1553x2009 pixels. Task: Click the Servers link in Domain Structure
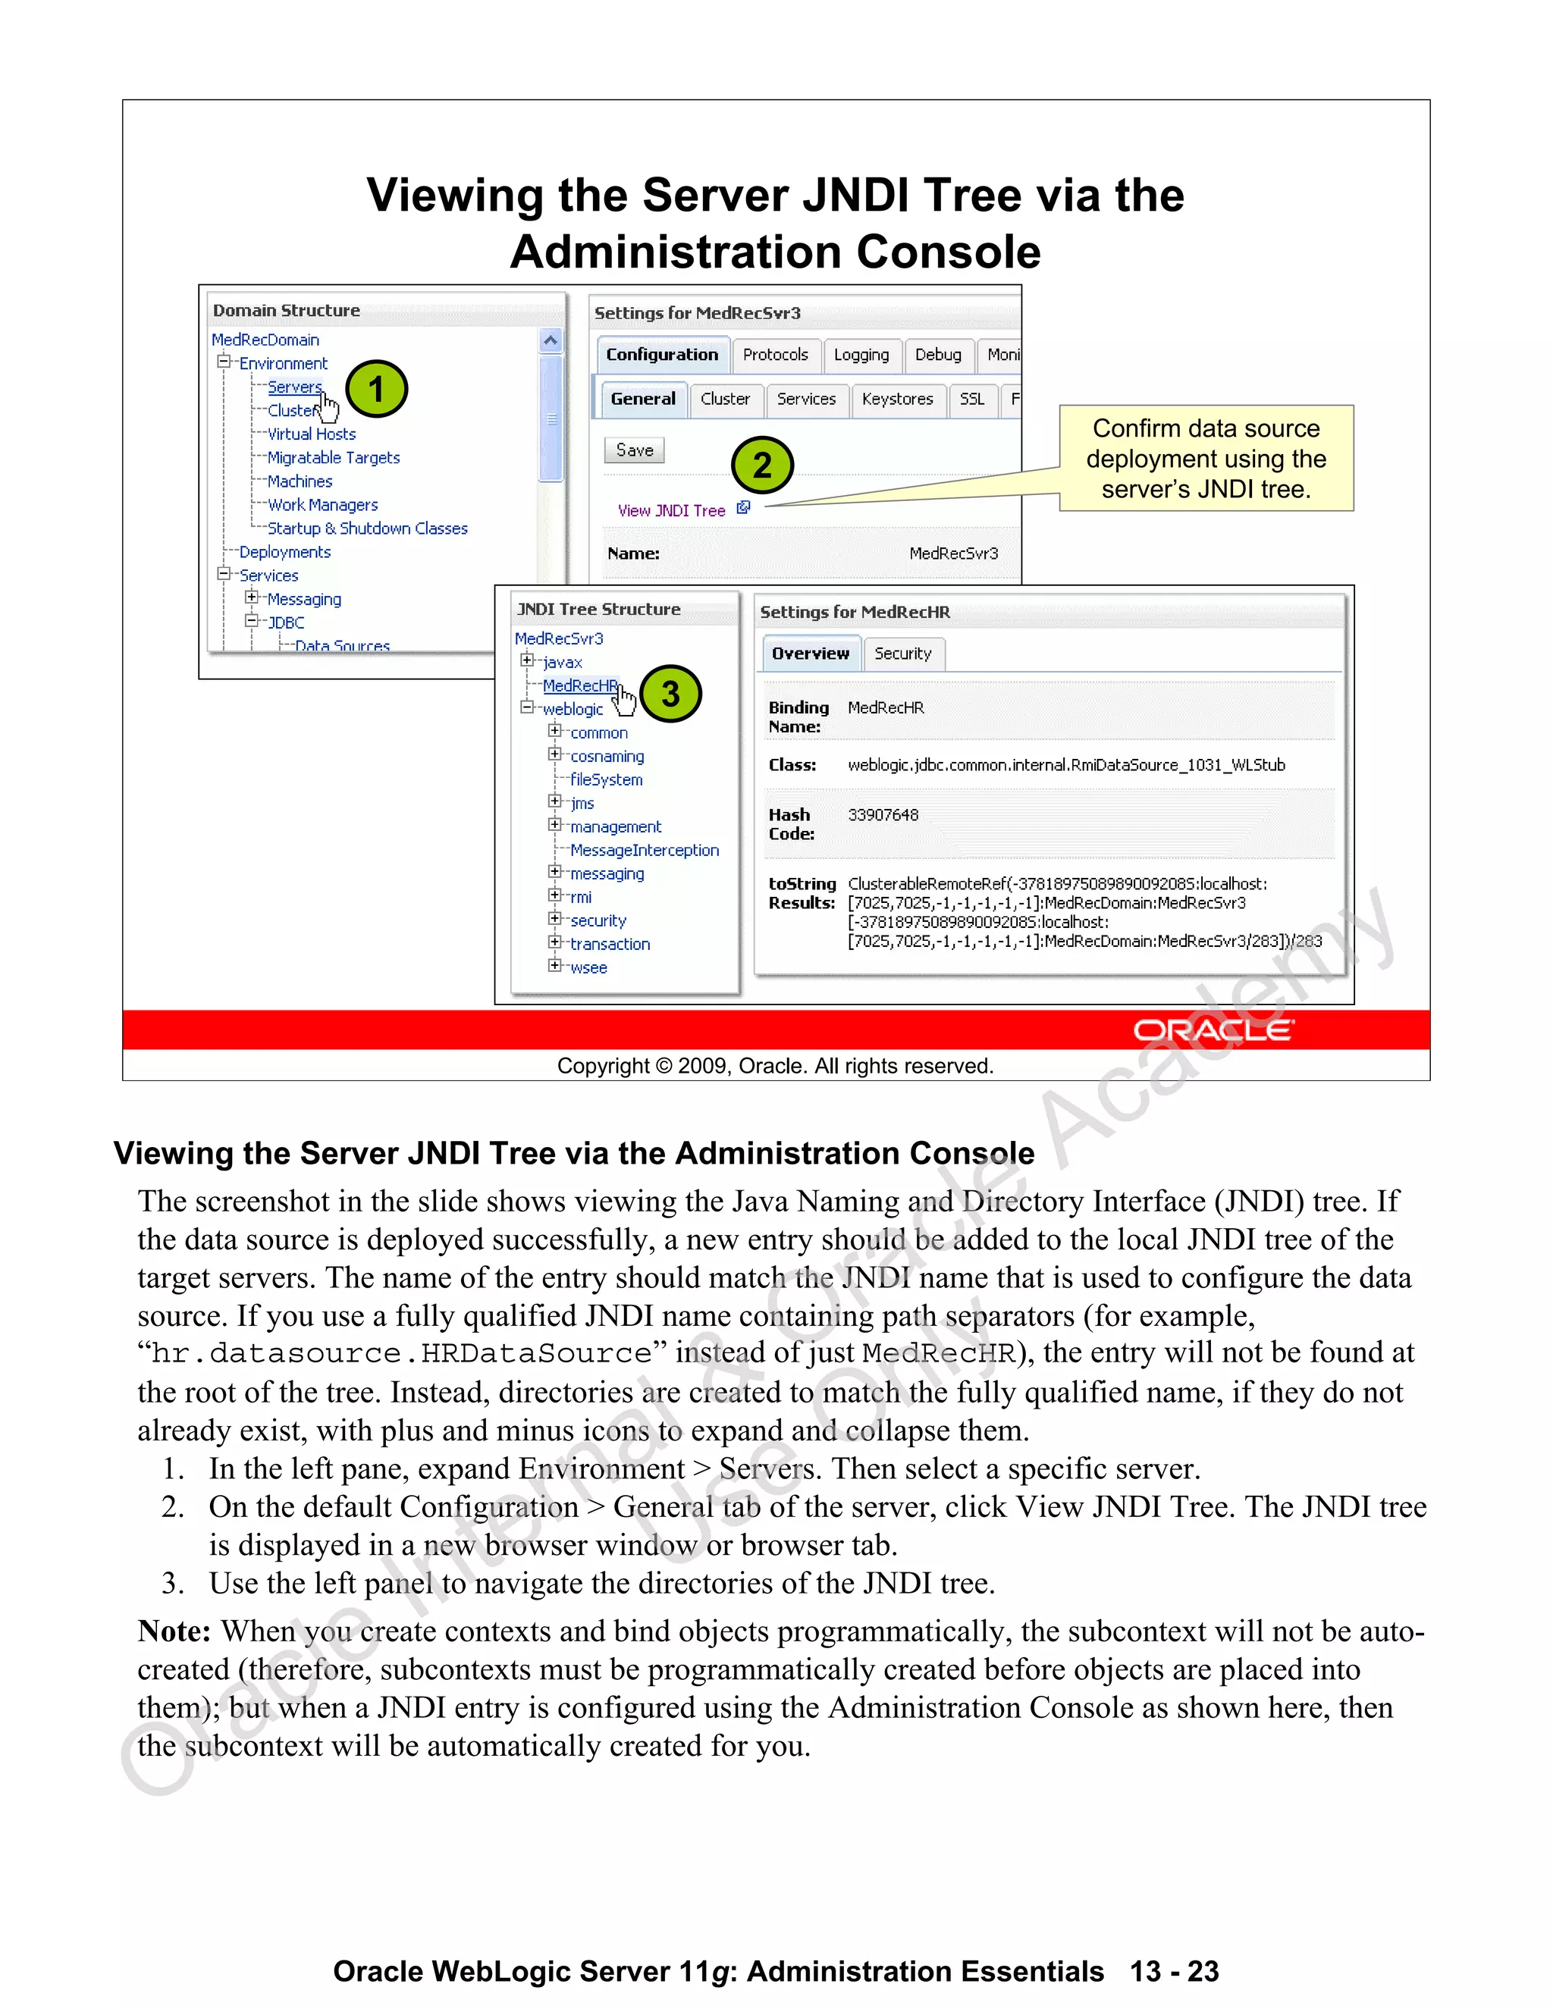point(293,387)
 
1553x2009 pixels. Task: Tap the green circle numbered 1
point(376,389)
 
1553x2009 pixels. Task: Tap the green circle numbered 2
point(762,465)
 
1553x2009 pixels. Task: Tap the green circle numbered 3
point(670,694)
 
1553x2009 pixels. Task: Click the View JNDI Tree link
point(672,510)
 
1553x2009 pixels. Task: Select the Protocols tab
point(775,355)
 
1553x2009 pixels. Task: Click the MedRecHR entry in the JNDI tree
point(579,686)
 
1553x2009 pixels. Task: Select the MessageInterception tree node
point(644,851)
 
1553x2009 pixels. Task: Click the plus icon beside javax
point(527,660)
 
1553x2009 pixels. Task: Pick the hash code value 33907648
point(883,815)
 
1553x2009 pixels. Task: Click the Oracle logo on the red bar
point(1213,1030)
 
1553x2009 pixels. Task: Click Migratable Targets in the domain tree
point(333,458)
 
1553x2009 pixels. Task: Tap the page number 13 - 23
point(1174,1971)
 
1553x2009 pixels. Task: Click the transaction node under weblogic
point(609,945)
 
